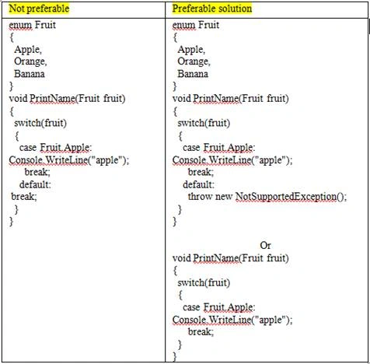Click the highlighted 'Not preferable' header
point(39,9)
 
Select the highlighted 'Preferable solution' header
point(212,9)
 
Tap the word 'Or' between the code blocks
point(265,245)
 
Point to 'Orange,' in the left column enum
point(30,61)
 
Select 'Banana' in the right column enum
point(193,74)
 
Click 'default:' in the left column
point(35,184)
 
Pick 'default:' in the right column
point(199,184)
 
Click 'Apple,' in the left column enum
point(28,50)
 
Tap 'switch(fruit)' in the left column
point(40,123)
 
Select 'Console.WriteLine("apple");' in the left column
point(69,160)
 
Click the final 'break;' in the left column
point(24,197)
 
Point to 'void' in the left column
point(18,99)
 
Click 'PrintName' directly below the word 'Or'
point(215,258)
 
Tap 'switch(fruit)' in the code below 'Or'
point(204,282)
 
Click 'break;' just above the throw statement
point(201,172)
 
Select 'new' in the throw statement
point(224,197)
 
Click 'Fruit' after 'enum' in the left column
point(45,25)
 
